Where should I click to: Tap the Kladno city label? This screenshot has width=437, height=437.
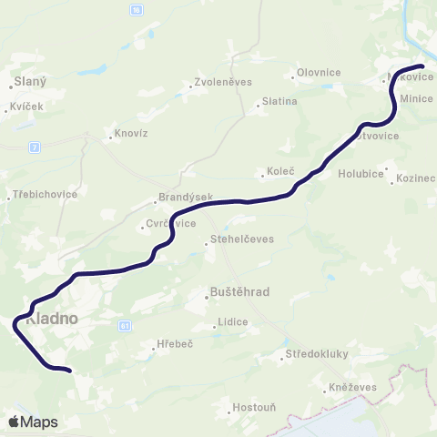(52, 320)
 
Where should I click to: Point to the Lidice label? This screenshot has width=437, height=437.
(231, 322)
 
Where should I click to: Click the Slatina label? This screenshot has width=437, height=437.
(279, 101)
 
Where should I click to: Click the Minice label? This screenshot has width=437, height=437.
(416, 97)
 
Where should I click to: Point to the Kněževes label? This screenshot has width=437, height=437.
(349, 388)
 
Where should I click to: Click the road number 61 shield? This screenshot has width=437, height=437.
(125, 324)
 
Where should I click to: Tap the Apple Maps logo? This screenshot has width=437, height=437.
(33, 422)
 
